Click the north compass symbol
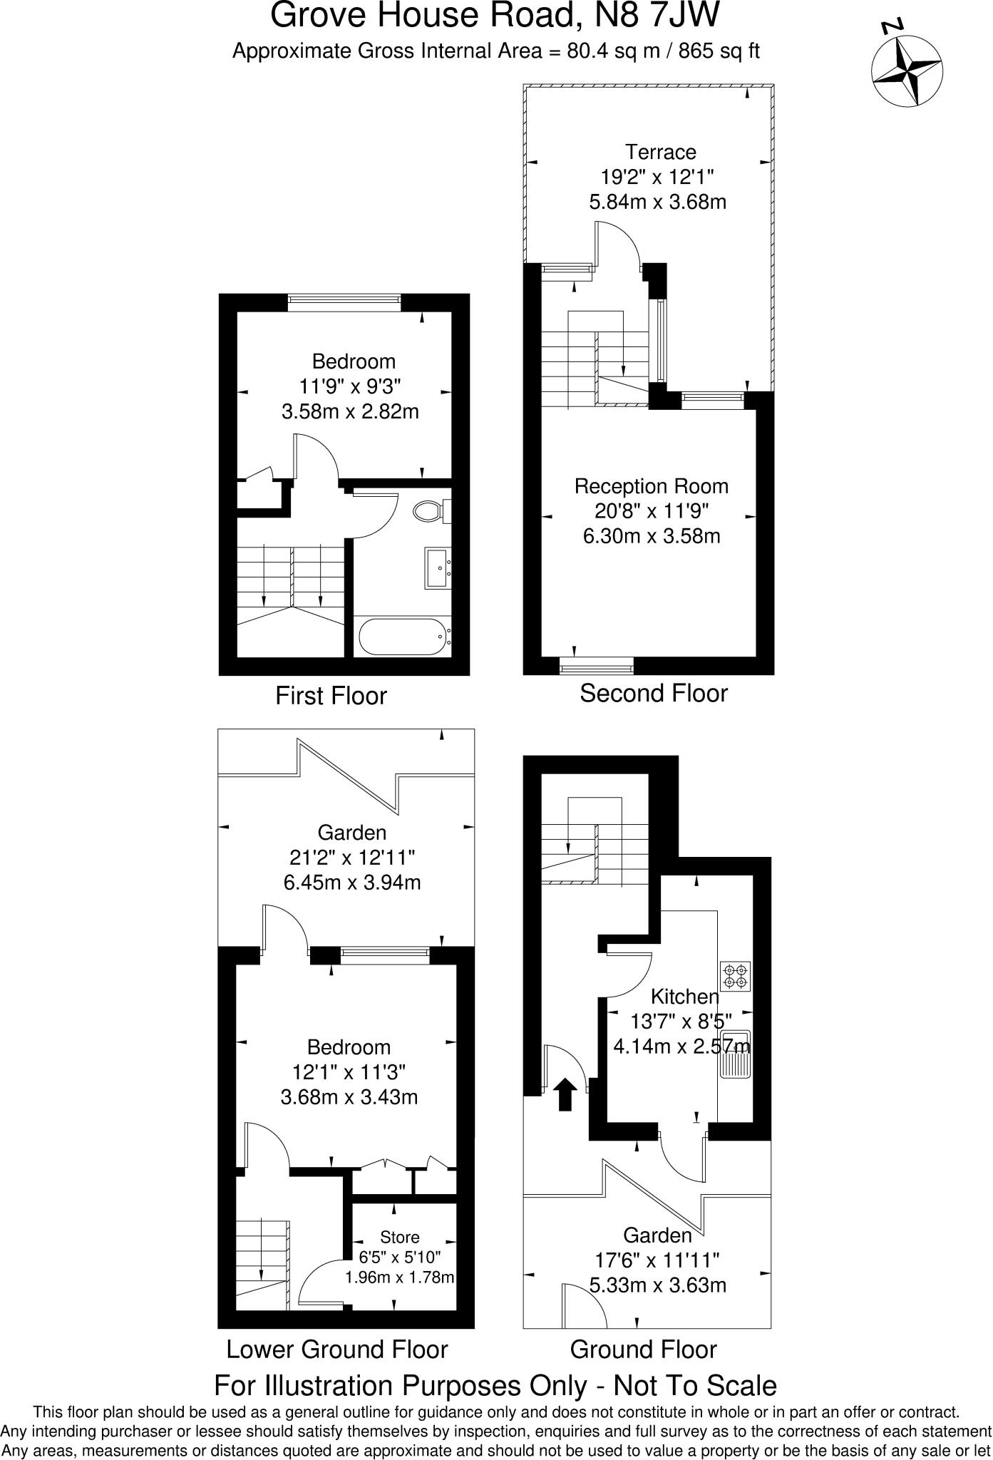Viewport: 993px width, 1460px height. click(x=907, y=70)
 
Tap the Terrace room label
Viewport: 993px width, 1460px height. click(x=660, y=152)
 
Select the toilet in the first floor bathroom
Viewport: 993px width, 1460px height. click(x=430, y=510)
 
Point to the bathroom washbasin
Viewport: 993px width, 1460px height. click(x=438, y=568)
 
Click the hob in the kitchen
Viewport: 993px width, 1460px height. click(x=736, y=977)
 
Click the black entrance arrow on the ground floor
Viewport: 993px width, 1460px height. click(x=565, y=1094)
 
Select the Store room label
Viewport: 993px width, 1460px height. click(x=399, y=1237)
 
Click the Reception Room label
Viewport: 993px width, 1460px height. click(x=652, y=487)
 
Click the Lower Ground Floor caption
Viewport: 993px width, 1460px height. click(x=336, y=1350)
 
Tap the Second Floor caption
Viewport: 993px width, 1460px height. click(x=653, y=693)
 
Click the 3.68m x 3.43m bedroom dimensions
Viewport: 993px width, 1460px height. click(x=349, y=1097)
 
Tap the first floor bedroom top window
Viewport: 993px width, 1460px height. click(x=344, y=302)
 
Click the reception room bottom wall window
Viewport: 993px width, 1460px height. click(x=597, y=669)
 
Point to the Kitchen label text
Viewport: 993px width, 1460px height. click(x=684, y=997)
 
